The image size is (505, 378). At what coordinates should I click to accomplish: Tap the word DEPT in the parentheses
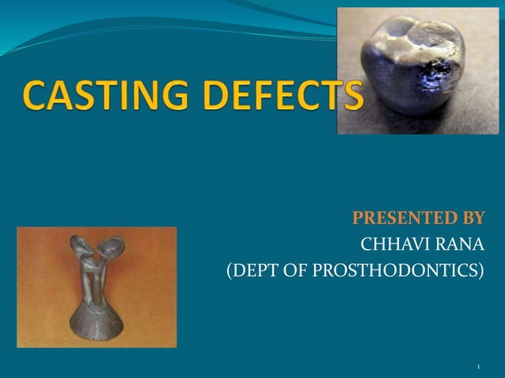[x=257, y=270]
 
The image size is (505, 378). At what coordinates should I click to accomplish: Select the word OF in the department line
[x=298, y=270]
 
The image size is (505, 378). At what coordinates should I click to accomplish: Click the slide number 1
[x=479, y=367]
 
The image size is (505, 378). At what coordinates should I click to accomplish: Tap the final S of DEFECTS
[x=351, y=97]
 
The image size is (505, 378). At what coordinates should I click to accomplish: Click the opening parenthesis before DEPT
[x=230, y=270]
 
